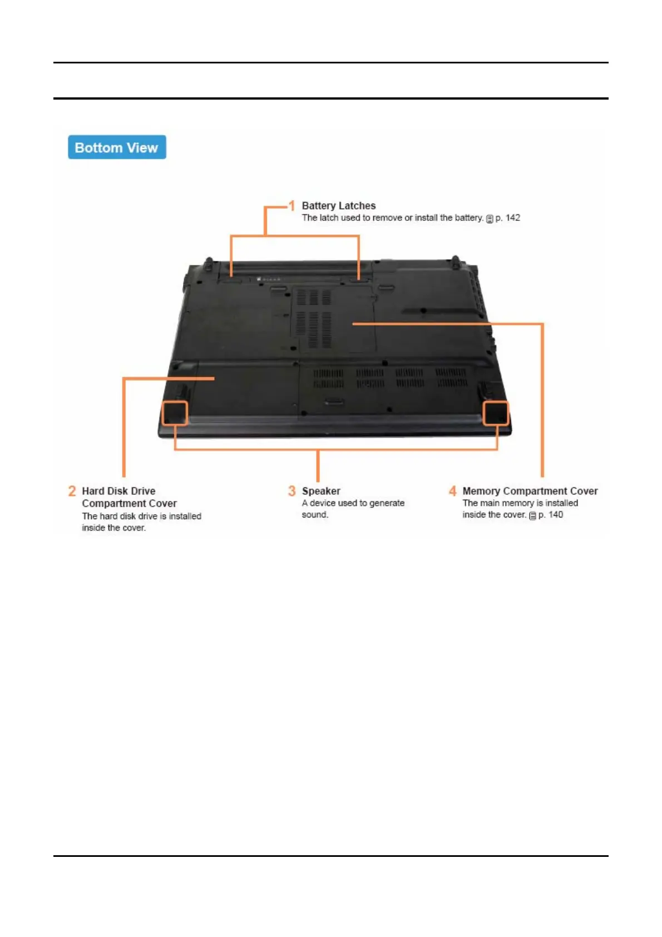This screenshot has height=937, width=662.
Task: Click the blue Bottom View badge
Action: [x=117, y=147]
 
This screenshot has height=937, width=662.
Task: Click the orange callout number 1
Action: [x=292, y=206]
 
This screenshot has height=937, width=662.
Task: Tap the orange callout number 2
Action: [x=72, y=491]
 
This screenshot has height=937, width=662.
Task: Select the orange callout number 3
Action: [x=292, y=491]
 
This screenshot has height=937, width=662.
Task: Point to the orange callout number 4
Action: [x=453, y=491]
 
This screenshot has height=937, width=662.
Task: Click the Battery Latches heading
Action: [x=338, y=206]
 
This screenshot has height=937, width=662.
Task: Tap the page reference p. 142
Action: [x=508, y=218]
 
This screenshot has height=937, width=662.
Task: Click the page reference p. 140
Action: [x=551, y=515]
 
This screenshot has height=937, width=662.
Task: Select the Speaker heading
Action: [x=321, y=491]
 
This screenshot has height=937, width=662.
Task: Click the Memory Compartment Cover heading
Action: [x=530, y=491]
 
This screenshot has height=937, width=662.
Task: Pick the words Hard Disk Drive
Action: [x=118, y=491]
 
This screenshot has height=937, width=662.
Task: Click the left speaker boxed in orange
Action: [x=174, y=412]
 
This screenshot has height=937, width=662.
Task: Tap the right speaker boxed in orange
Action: [x=495, y=413]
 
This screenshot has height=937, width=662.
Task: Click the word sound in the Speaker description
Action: [x=314, y=515]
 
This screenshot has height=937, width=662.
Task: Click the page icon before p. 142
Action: [x=490, y=219]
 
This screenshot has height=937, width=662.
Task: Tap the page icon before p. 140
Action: [x=532, y=516]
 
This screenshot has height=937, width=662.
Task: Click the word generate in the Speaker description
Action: [x=387, y=503]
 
